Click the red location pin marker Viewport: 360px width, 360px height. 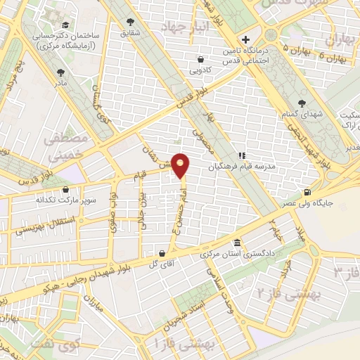tap(181, 166)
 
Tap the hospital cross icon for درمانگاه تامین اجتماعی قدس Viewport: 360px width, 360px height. tap(245, 39)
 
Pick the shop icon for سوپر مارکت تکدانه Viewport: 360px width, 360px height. tap(65, 189)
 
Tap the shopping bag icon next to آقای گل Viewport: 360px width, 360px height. tap(163, 253)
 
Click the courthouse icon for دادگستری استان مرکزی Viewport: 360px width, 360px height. tap(237, 241)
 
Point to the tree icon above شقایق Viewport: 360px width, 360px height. tap(131, 22)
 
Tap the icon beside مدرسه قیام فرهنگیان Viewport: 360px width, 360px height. tap(242, 156)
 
